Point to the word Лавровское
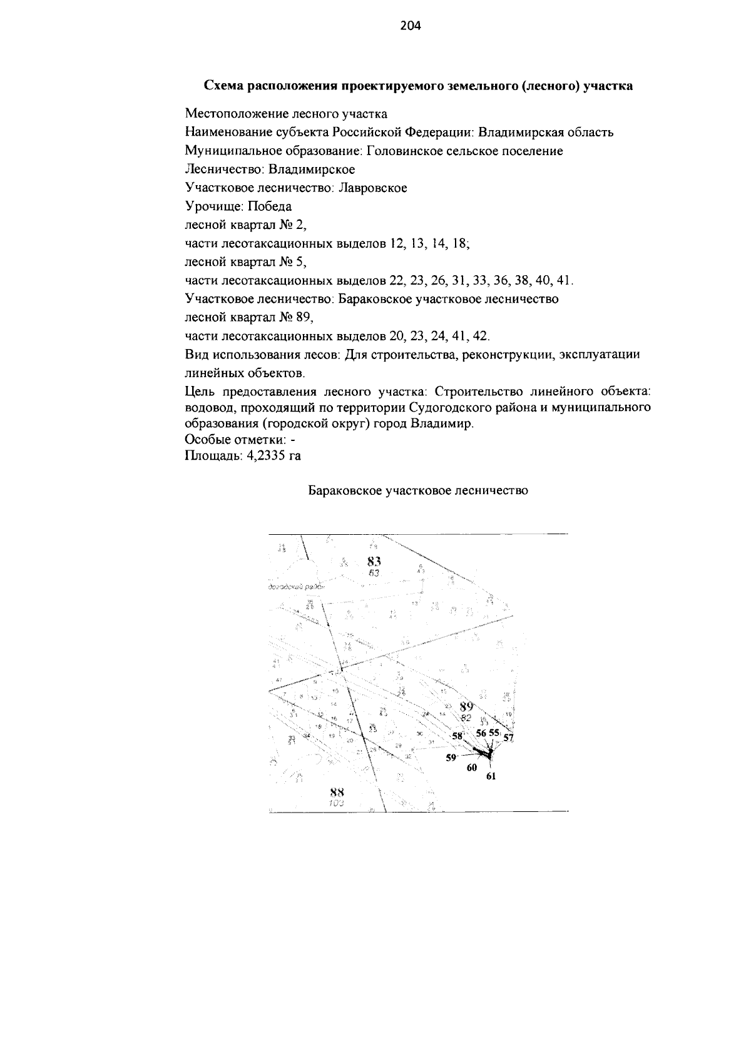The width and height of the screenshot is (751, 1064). pyautogui.click(x=373, y=188)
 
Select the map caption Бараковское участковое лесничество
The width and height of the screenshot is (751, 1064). pyautogui.click(x=418, y=490)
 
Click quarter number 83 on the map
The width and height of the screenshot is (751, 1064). pyautogui.click(x=375, y=561)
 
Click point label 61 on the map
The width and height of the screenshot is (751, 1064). pyautogui.click(x=491, y=776)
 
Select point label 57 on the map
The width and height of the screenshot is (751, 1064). pyautogui.click(x=508, y=737)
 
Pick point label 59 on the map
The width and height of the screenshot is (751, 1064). pyautogui.click(x=451, y=757)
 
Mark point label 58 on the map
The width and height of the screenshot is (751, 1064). pyautogui.click(x=457, y=736)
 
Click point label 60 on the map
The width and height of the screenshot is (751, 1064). pyautogui.click(x=472, y=768)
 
